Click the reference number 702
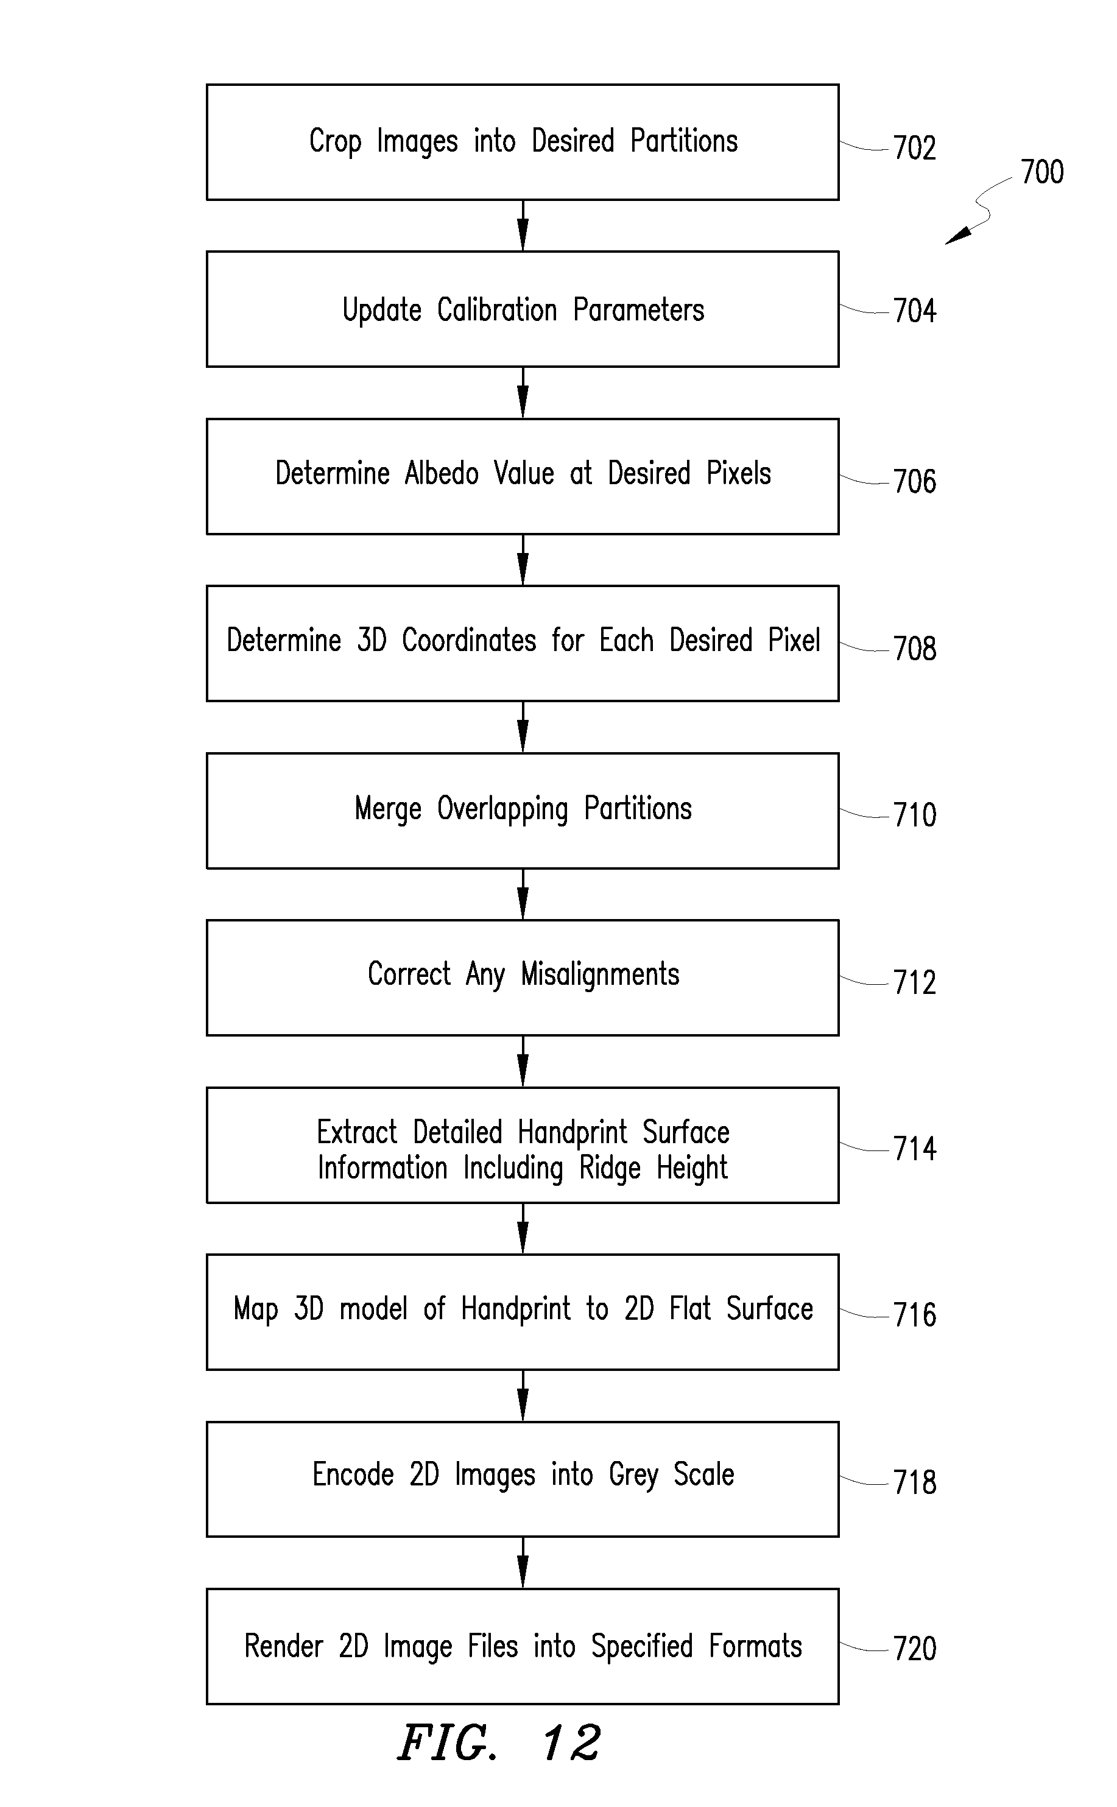tap(915, 148)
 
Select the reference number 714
tap(915, 1149)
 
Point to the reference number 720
tap(915, 1649)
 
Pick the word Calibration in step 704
tap(497, 309)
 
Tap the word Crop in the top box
tap(336, 142)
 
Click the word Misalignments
tap(600, 974)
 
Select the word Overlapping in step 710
tap(502, 809)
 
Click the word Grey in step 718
tap(633, 1475)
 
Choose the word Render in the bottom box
tap(284, 1646)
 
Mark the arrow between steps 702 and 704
tap(523, 225)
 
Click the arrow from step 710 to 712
tap(523, 894)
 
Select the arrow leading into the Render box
tap(523, 1562)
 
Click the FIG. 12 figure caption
tap(499, 1744)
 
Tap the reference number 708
tap(915, 649)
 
